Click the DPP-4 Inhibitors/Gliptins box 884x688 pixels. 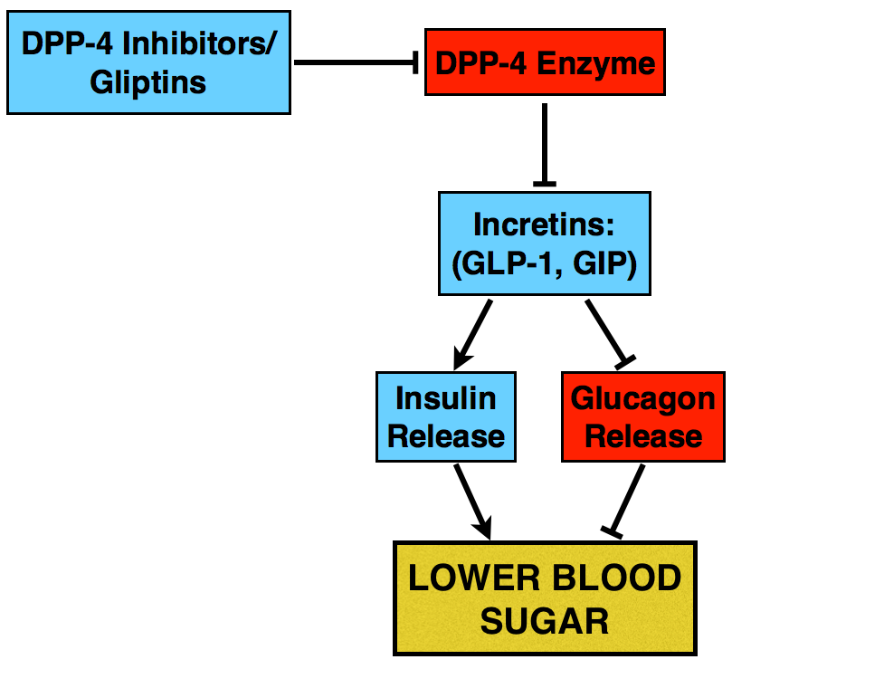(148, 62)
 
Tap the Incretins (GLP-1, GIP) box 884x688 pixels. (544, 244)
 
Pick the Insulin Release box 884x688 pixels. (446, 416)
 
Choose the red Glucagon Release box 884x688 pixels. (643, 416)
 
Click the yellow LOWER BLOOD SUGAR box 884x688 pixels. (545, 598)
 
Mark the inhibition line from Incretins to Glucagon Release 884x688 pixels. (607, 331)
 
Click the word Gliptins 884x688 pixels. (148, 83)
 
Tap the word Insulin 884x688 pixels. (446, 398)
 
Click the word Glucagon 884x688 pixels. (643, 398)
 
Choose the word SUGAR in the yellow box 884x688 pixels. (545, 621)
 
